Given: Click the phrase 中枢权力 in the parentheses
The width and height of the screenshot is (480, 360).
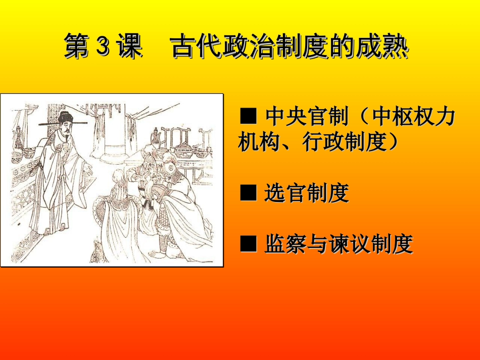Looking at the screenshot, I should (413, 118).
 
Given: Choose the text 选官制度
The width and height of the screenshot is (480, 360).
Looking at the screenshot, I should (307, 193).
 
